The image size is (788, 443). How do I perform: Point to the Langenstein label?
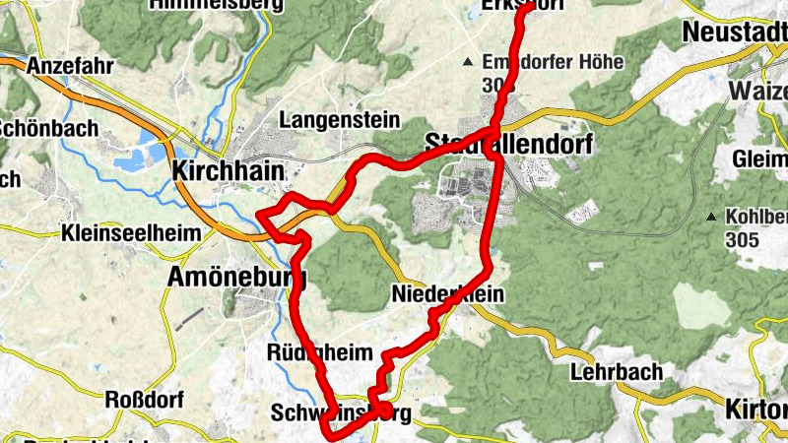[x=340, y=120]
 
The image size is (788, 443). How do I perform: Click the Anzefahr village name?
[x=72, y=65]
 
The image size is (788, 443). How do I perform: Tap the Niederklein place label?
[x=447, y=294]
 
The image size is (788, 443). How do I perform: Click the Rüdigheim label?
[x=319, y=352]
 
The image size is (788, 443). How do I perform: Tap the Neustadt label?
[x=734, y=32]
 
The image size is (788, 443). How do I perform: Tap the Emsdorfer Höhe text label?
[x=553, y=62]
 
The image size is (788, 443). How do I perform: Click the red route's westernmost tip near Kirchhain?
[x=257, y=216]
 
